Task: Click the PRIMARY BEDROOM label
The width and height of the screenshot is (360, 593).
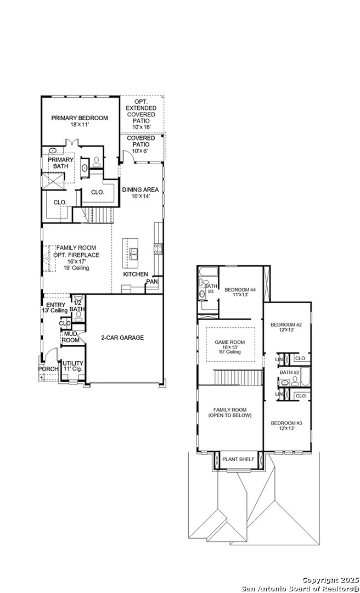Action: pos(80,118)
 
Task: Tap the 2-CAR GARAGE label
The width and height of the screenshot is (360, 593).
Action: pos(122,338)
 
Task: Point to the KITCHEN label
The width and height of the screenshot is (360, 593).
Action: pos(135,274)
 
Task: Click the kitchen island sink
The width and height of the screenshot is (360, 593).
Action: pos(133,253)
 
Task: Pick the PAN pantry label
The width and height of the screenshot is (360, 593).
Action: pos(151,282)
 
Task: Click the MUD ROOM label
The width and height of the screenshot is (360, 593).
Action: pos(71,337)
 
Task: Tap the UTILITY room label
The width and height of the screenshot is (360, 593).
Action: pos(72,363)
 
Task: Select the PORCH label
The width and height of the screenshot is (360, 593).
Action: pos(48,368)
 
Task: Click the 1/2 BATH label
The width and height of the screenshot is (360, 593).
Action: pos(77,306)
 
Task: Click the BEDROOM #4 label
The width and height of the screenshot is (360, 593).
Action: pos(240,290)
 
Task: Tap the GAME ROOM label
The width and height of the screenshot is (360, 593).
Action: pos(230,342)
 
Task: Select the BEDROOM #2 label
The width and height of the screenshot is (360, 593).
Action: pos(286,325)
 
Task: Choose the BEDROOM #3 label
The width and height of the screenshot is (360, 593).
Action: pos(286,423)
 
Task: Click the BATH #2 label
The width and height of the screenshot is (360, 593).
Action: pos(289,373)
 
